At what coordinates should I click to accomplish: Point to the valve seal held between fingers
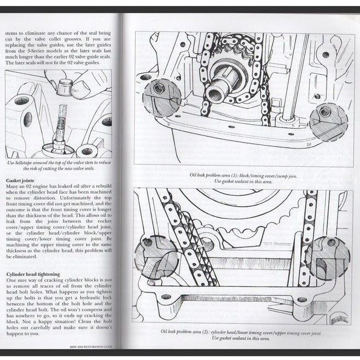[x=67, y=85]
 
